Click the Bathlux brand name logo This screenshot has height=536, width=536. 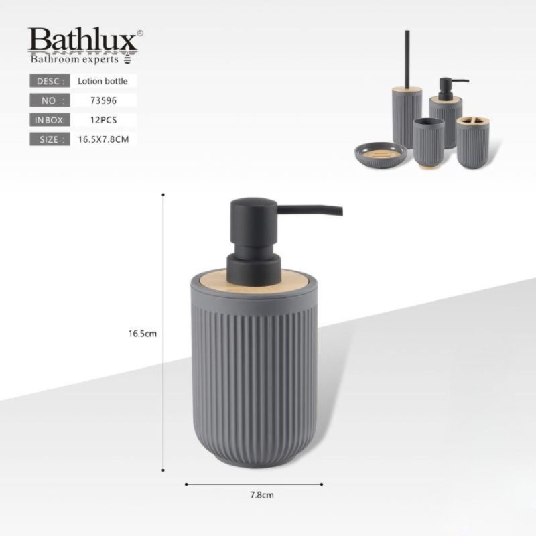82,40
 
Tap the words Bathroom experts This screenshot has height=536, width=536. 74,59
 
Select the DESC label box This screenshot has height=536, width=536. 50,81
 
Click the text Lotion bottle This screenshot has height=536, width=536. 103,81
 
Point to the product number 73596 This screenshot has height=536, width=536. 103,100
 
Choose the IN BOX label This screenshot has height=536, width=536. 50,120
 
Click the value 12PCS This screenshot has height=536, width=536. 103,120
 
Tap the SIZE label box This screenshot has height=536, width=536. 50,139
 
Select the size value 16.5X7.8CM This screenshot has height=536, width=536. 103,139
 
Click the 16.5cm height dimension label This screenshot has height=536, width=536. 143,334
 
